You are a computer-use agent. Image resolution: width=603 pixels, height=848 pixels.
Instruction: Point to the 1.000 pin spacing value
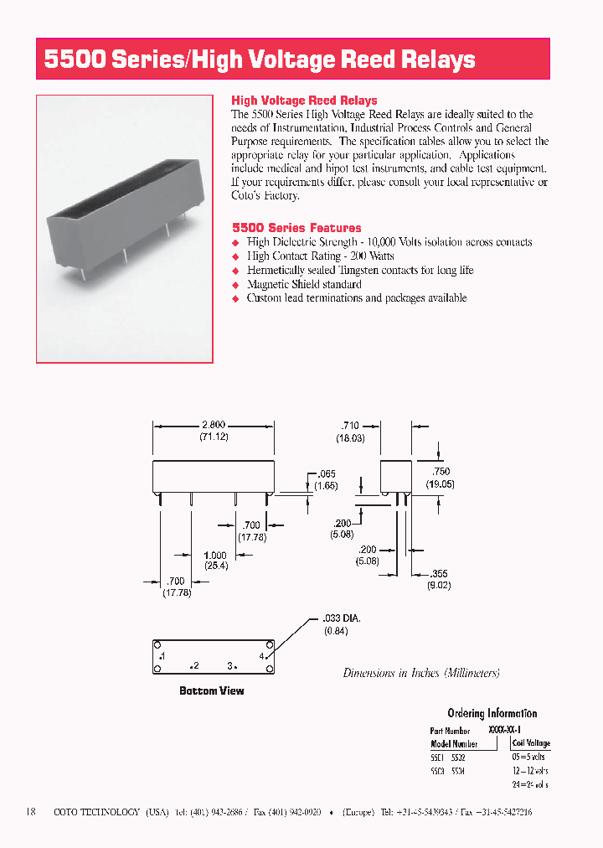pyautogui.click(x=215, y=556)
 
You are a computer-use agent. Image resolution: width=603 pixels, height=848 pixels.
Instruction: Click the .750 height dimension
pyautogui.click(x=439, y=472)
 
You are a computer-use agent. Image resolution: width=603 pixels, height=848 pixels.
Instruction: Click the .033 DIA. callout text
pyautogui.click(x=343, y=619)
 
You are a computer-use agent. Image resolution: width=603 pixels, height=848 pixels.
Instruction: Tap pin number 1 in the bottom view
pyautogui.click(x=162, y=654)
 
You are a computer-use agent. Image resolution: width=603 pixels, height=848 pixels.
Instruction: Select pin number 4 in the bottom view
pyautogui.click(x=261, y=655)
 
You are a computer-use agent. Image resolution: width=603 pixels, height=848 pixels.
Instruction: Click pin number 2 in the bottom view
pyautogui.click(x=194, y=666)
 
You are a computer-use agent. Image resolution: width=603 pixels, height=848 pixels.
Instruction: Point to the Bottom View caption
pyautogui.click(x=212, y=691)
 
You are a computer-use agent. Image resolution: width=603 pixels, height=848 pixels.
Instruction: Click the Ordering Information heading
pyautogui.click(x=492, y=713)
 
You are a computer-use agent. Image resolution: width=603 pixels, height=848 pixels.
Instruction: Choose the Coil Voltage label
pyautogui.click(x=531, y=743)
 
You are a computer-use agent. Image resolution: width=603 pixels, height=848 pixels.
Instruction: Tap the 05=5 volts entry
pyautogui.click(x=528, y=758)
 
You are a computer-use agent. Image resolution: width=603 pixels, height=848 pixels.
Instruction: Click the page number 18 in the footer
pyautogui.click(x=31, y=812)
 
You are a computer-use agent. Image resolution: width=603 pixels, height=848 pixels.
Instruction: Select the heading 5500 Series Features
pyautogui.click(x=296, y=228)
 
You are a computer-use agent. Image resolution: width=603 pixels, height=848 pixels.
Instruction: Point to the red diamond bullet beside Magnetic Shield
pyautogui.click(x=236, y=285)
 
